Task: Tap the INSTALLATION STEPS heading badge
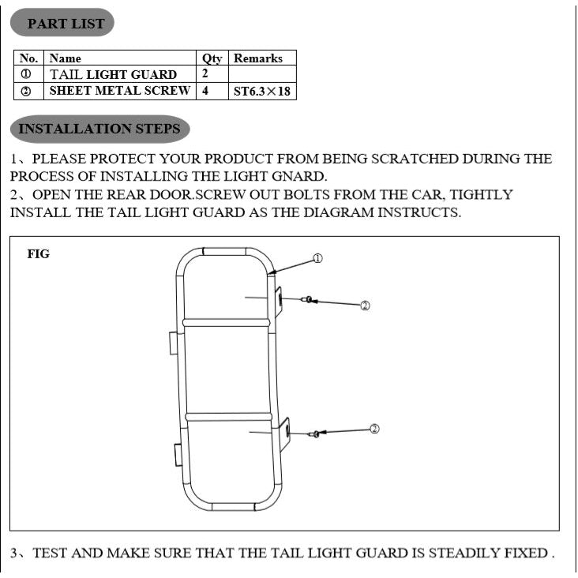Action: [99, 129]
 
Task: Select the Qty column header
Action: [212, 58]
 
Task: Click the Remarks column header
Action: [258, 58]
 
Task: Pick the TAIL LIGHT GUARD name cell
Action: [114, 75]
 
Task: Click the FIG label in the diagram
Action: [38, 254]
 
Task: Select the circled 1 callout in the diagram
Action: [317, 258]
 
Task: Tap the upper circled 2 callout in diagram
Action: [365, 306]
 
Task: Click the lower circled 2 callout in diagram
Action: [374, 429]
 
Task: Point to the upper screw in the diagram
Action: [307, 299]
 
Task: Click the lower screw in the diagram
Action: [315, 433]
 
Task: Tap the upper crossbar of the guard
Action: [227, 322]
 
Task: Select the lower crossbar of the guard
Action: [228, 416]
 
